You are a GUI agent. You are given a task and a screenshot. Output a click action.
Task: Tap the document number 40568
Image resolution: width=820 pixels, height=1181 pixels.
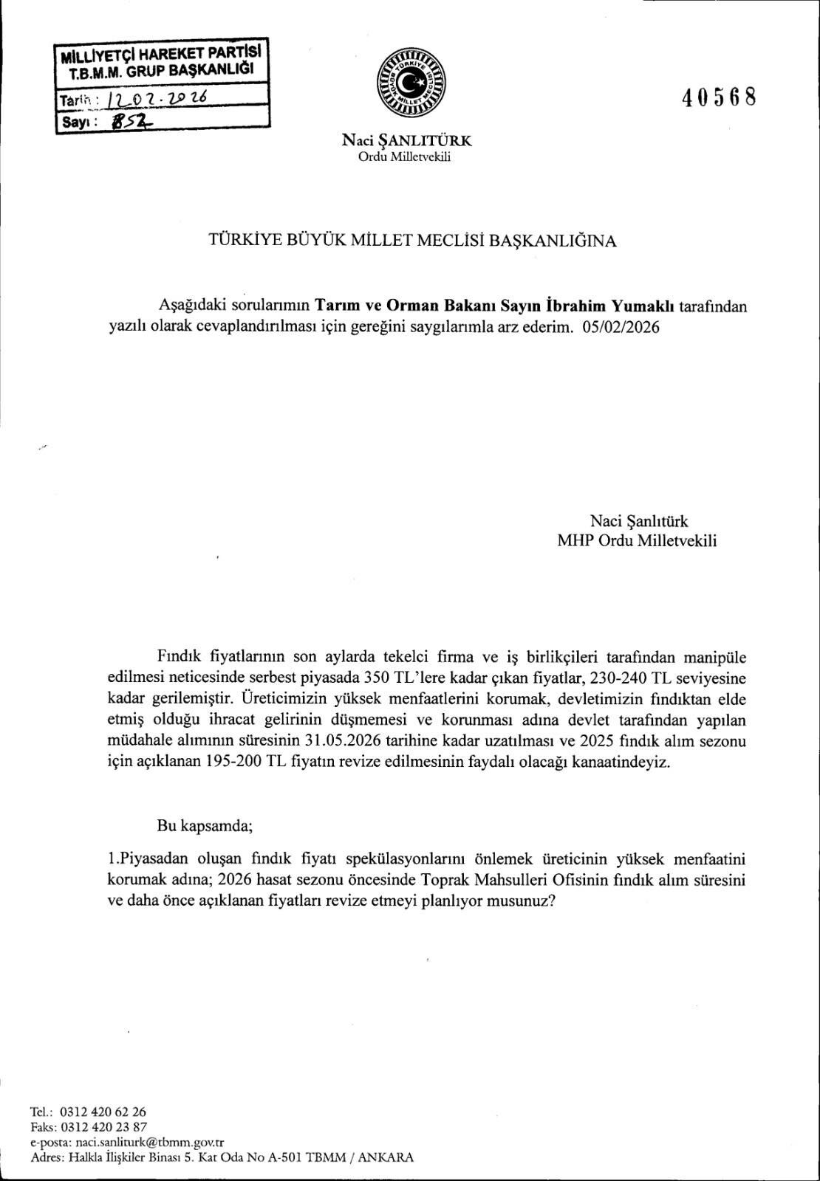pos(721,97)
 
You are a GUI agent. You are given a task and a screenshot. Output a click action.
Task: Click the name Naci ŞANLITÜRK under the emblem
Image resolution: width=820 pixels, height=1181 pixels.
pos(406,140)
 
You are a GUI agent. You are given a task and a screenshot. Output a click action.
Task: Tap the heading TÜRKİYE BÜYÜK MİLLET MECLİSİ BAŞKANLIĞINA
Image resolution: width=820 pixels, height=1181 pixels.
pos(409,241)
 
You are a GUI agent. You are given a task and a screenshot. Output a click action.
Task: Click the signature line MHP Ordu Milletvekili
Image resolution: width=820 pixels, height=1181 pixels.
pos(637,540)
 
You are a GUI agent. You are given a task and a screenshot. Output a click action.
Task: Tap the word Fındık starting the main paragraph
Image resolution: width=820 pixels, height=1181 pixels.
pos(178,655)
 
